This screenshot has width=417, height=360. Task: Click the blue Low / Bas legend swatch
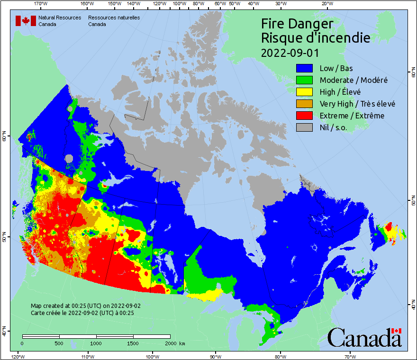(305, 68)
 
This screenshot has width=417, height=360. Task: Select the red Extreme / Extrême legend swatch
(305, 116)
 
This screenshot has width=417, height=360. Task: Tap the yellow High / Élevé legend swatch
(305, 92)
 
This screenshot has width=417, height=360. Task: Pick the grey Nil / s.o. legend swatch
(305, 127)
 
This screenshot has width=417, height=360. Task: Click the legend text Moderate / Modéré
(354, 80)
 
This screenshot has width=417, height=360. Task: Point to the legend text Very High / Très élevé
(357, 104)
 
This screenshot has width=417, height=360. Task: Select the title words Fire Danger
(297, 24)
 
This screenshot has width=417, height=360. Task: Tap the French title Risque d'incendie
(315, 38)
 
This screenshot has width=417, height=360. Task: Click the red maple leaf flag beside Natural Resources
(26, 21)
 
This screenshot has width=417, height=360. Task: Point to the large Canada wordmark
(364, 338)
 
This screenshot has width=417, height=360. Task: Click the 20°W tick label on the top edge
(326, 4)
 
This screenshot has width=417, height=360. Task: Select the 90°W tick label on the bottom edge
(215, 356)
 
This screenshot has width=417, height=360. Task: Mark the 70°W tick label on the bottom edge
(350, 356)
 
